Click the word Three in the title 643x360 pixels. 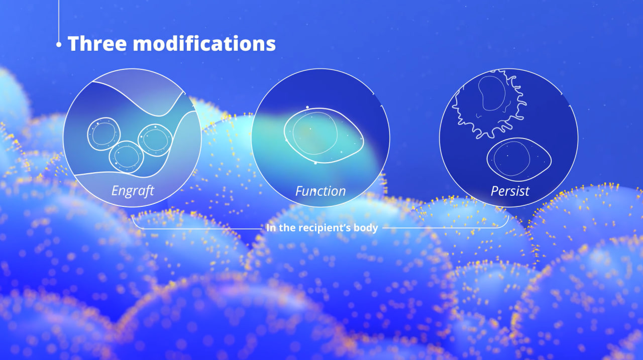tap(97, 43)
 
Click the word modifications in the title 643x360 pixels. tap(204, 43)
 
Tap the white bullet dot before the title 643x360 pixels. tap(59, 45)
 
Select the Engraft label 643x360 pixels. tap(133, 191)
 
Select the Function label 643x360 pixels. tap(320, 191)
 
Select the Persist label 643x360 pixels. tap(510, 191)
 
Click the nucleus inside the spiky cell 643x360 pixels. tap(492, 93)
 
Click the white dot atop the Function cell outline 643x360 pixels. tap(307, 107)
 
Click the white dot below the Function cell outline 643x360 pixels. tap(315, 163)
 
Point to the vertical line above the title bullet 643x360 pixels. tap(59, 21)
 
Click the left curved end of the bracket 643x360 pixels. tap(137, 224)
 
